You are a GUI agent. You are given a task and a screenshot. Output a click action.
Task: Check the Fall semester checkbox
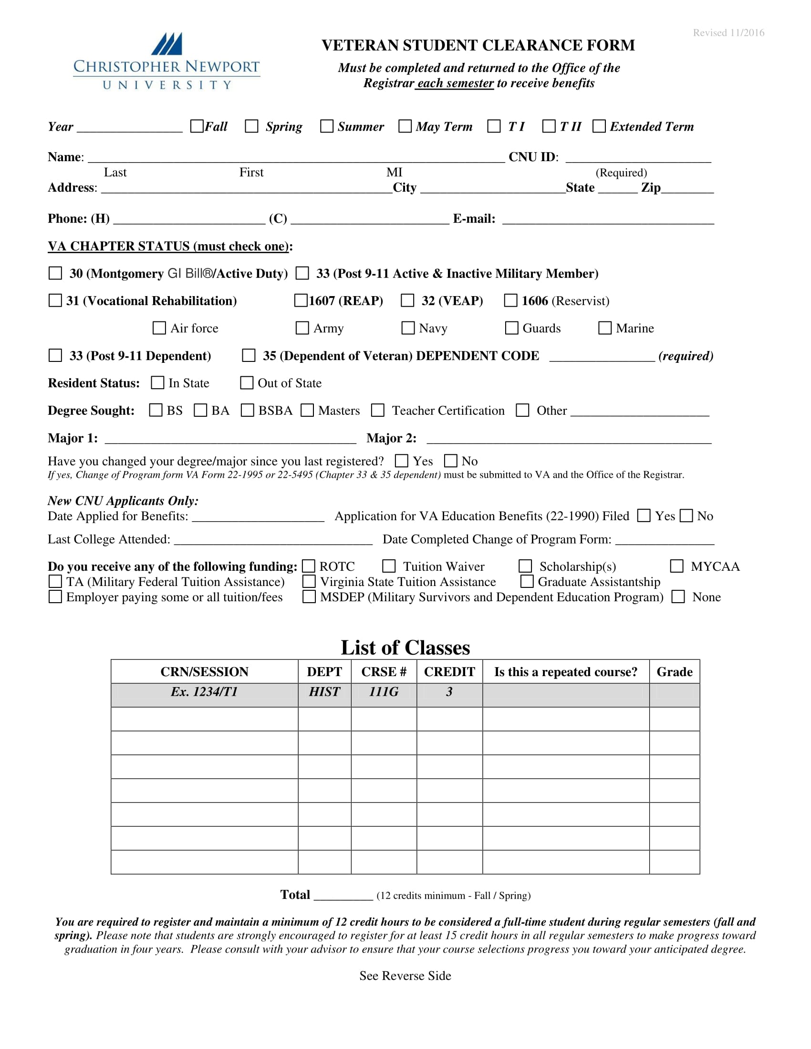[197, 126]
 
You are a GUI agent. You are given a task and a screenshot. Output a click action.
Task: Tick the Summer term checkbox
[327, 126]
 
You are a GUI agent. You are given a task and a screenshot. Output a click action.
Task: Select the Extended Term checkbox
[599, 126]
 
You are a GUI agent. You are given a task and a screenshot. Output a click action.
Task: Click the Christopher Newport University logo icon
[166, 44]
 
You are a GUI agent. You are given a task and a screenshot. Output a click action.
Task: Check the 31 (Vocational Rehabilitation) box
[55, 301]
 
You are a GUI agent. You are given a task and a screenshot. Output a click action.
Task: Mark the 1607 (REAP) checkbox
[301, 301]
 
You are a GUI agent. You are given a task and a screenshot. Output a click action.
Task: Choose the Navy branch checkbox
[408, 328]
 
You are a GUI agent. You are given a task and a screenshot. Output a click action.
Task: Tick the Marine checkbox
[605, 328]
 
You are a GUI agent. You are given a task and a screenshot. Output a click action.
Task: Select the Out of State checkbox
[247, 383]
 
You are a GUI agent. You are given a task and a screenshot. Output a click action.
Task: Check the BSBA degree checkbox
[248, 410]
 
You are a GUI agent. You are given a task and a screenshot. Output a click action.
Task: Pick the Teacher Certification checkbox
[378, 410]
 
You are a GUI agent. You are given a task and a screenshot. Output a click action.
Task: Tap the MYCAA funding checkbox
[677, 566]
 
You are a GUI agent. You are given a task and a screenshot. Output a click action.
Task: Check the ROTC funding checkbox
[309, 566]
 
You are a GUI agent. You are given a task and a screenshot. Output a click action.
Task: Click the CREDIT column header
[449, 671]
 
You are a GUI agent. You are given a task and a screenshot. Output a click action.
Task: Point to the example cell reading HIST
[324, 692]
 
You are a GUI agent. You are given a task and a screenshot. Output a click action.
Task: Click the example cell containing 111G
[384, 692]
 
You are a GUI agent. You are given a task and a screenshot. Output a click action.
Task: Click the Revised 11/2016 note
[728, 32]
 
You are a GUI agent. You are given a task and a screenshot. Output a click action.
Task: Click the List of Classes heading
[405, 648]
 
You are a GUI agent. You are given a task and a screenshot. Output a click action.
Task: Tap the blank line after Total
[343, 896]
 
